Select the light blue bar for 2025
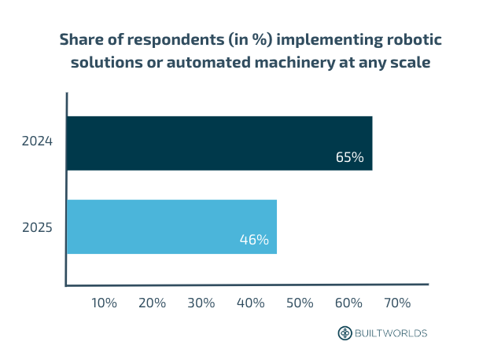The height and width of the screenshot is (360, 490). tap(171, 226)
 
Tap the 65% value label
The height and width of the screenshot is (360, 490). tap(349, 157)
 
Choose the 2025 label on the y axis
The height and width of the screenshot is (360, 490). tap(37, 228)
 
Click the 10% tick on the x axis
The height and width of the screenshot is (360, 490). tap(105, 303)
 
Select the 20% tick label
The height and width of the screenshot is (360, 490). tap(153, 303)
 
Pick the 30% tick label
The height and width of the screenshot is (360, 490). tap(202, 303)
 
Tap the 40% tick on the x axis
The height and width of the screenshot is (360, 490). tap(251, 303)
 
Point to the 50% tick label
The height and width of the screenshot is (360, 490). tap(300, 303)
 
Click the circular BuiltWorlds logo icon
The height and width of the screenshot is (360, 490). tap(344, 333)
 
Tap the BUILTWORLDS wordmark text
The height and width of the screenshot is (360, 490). tap(391, 333)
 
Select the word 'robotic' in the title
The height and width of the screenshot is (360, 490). tap(403, 39)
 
